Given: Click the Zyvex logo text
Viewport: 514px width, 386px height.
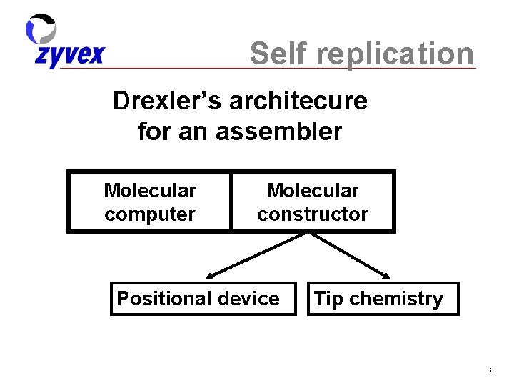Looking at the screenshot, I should click(69, 56).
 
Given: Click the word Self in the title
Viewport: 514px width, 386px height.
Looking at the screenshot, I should click(280, 54).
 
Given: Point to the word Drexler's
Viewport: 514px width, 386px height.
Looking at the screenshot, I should click(168, 101).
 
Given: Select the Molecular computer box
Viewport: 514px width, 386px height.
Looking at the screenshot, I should click(150, 202).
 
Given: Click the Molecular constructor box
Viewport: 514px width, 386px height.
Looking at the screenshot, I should click(313, 202).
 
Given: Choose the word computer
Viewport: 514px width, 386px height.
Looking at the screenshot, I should click(150, 214).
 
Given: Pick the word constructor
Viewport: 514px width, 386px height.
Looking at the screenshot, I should click(313, 214).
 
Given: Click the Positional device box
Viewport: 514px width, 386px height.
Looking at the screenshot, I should click(203, 299).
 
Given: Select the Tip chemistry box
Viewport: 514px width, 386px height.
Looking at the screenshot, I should click(383, 299).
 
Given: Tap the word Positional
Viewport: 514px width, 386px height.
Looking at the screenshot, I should click(166, 299).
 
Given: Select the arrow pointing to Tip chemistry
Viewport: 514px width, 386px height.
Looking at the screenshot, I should click(350, 255).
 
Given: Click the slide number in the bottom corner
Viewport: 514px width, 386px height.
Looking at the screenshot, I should click(491, 370).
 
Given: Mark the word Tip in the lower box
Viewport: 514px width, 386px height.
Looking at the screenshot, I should click(328, 299).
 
